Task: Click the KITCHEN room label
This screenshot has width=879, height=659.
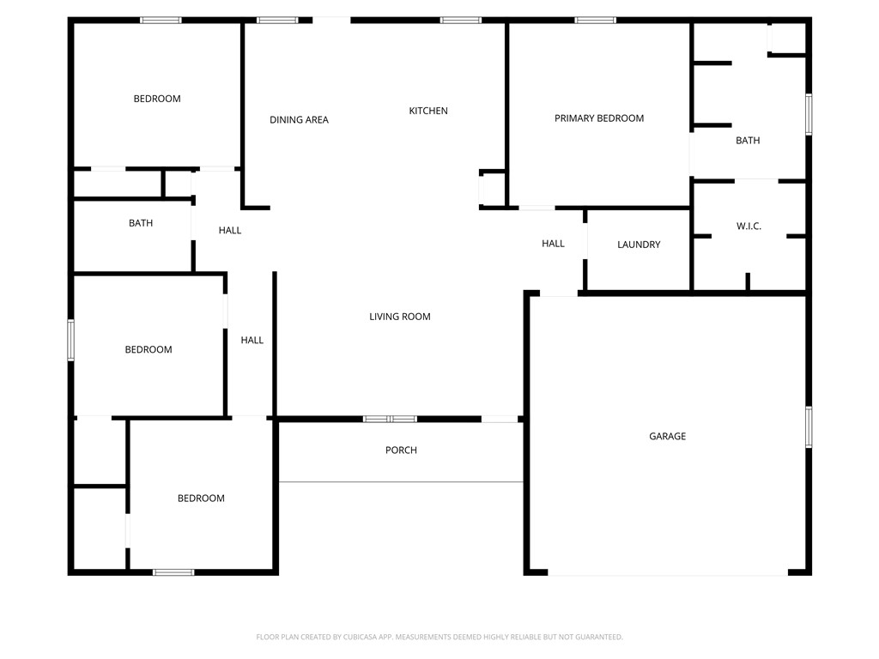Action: pos(427,111)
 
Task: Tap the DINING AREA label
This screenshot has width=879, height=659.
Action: pos(299,120)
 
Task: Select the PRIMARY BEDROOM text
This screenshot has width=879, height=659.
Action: pos(598,118)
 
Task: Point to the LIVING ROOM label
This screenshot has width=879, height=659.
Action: pos(399,317)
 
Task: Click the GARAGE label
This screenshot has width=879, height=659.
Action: pos(667,437)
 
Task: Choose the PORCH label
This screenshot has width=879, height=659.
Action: pos(401,450)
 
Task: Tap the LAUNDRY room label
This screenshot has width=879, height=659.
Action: pos(639,245)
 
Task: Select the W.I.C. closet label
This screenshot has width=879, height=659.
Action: pos(749,227)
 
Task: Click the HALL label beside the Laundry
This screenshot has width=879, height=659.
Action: pos(553,244)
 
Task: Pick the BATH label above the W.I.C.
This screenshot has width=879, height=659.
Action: pos(748,141)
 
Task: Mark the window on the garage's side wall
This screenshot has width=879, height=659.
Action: pos(809,426)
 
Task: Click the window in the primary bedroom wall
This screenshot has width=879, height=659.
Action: pos(595,20)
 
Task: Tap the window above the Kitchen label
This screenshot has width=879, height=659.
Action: pos(461,20)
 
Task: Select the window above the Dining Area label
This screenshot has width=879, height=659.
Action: pos(277,20)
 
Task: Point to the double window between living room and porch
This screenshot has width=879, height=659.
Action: pos(390,419)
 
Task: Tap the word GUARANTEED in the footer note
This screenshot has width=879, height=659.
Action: pos(597,637)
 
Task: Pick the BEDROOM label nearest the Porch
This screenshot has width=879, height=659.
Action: pos(201,499)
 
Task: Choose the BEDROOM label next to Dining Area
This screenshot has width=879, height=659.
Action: pos(157,99)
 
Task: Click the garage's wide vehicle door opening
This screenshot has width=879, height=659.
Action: pos(667,574)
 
